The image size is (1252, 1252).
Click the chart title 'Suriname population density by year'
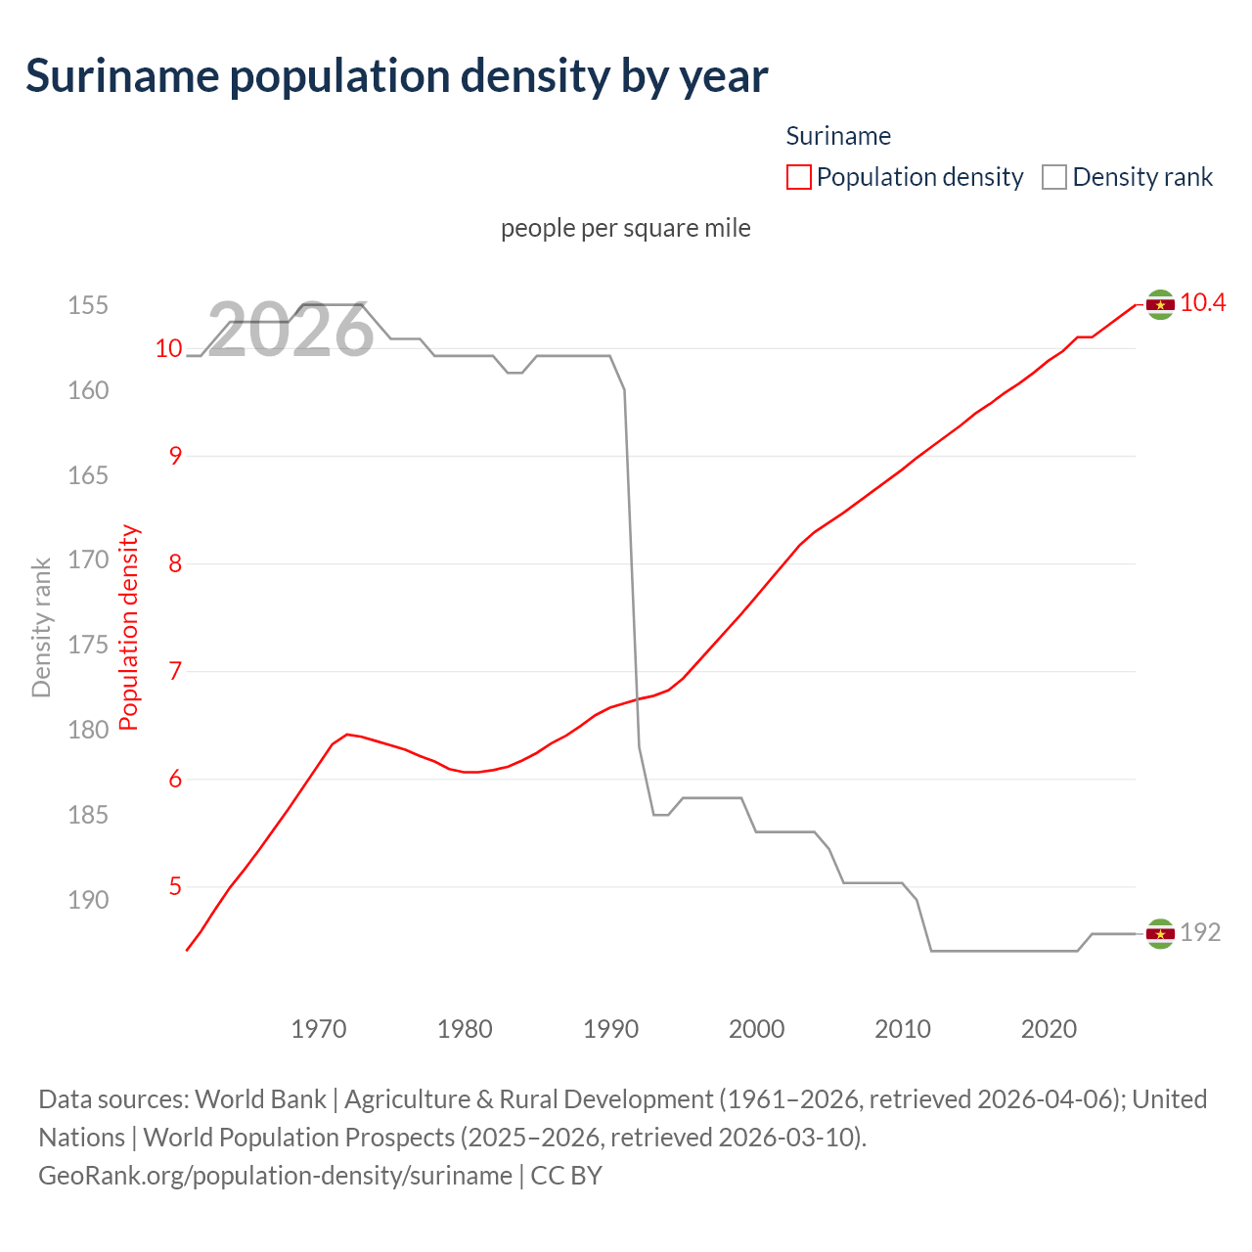pos(396,76)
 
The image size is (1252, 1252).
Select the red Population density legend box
pos(798,177)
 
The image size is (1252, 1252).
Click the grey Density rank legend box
pos(1053,177)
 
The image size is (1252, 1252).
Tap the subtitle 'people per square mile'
pos(625,228)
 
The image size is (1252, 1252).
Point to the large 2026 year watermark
pos(291,331)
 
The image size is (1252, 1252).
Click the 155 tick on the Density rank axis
pos(88,305)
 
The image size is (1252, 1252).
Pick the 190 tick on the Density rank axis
pos(88,900)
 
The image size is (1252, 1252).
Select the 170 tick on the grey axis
pos(88,560)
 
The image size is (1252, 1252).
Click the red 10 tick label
pos(169,348)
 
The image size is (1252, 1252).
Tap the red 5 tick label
pos(175,887)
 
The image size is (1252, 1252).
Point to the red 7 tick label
pos(175,672)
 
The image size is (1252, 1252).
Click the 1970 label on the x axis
pos(319,1029)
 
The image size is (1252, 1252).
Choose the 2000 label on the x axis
pos(756,1029)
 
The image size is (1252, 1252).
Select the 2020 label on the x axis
pos(1049,1029)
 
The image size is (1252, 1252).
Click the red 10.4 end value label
pos(1202,303)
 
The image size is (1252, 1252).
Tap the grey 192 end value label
pos(1200,933)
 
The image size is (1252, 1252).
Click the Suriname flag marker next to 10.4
pos(1160,305)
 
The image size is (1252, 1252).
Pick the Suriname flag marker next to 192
pos(1160,934)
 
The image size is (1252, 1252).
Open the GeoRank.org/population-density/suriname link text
pos(275,1175)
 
